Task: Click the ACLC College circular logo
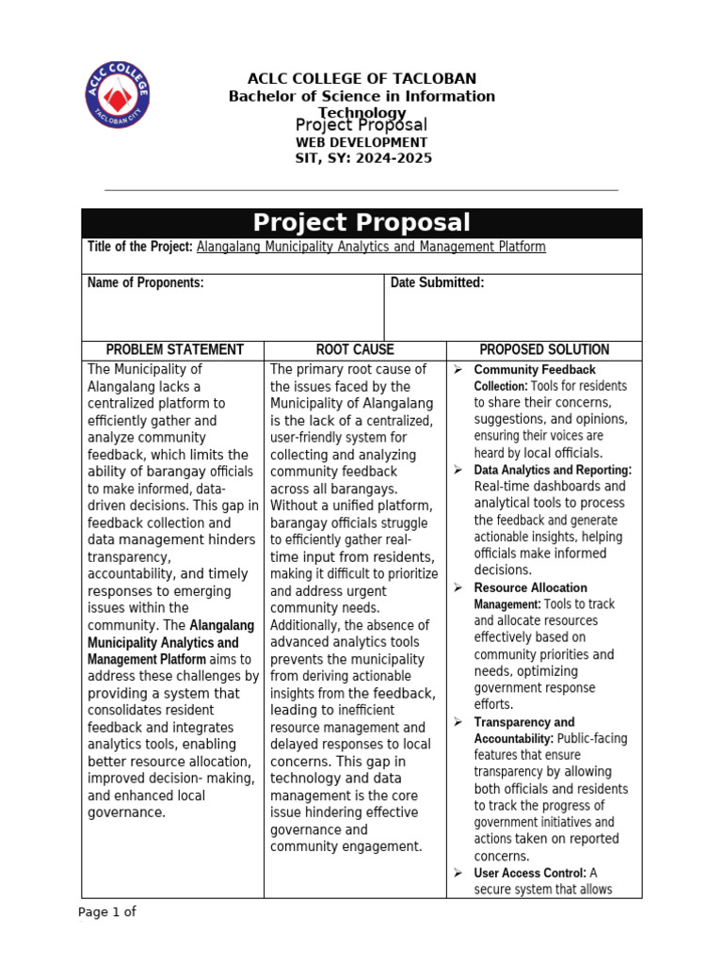tap(117, 95)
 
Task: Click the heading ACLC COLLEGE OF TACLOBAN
tap(361, 78)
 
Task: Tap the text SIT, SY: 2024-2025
tap(363, 158)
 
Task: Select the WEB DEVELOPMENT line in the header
tap(362, 142)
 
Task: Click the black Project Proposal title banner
tap(361, 223)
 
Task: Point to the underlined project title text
tap(371, 247)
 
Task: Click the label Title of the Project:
tap(140, 247)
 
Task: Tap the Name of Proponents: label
tap(145, 282)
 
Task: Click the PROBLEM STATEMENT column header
tap(174, 349)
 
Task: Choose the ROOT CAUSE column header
tap(355, 349)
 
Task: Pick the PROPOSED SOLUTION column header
tap(544, 349)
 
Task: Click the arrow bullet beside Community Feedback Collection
tap(458, 370)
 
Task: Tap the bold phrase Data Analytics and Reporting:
tap(553, 470)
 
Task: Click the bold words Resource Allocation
tap(530, 587)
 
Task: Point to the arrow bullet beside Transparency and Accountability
tap(458, 722)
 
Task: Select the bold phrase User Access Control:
tap(530, 873)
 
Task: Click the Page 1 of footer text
tap(106, 911)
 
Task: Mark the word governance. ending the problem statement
tap(126, 812)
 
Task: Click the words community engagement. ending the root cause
tap(346, 846)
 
